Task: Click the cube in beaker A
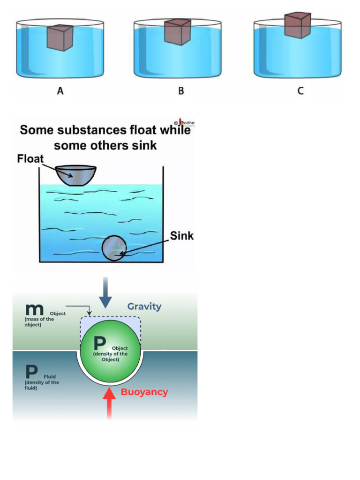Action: coord(60,37)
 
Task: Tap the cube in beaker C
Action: coord(297,25)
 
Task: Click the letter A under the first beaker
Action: coord(60,91)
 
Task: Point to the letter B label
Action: coord(181,91)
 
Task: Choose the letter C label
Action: coord(300,91)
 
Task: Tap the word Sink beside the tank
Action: coord(181,236)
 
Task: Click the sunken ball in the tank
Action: coord(114,247)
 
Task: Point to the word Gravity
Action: coord(144,307)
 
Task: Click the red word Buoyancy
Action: coord(144,392)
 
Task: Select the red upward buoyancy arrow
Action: coord(109,402)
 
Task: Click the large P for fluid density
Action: coord(32,373)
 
